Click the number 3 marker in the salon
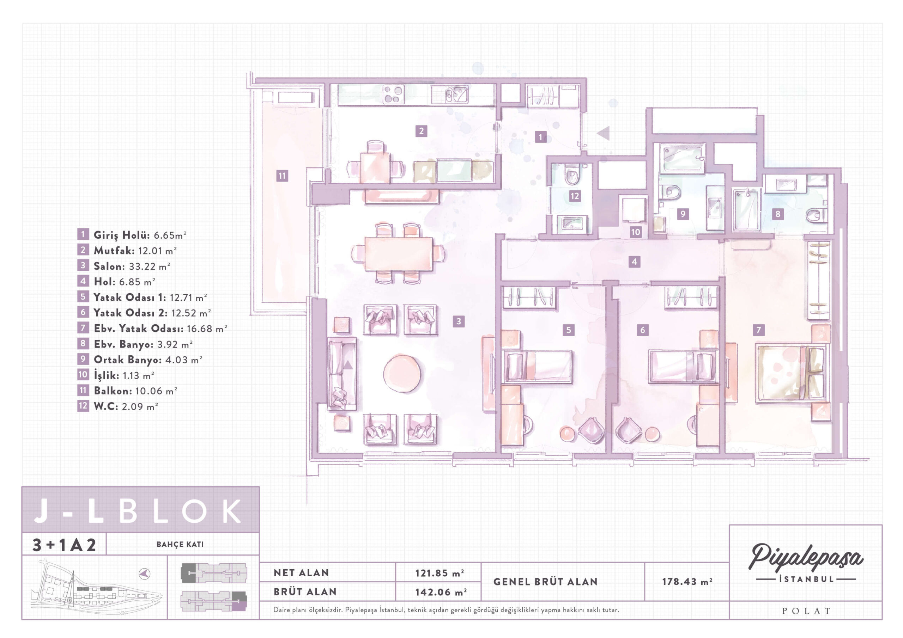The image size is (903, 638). pyautogui.click(x=459, y=321)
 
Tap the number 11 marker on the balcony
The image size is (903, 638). pyautogui.click(x=282, y=176)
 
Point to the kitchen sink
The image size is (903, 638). pyautogui.click(x=449, y=95)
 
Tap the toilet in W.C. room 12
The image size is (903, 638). pyautogui.click(x=571, y=174)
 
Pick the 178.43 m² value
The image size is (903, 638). pyautogui.click(x=687, y=581)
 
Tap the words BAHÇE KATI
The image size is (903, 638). pyautogui.click(x=180, y=545)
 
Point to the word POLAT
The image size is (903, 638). pyautogui.click(x=806, y=611)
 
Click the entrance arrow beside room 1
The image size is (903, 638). pyautogui.click(x=603, y=133)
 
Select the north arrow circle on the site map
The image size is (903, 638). pyautogui.click(x=145, y=574)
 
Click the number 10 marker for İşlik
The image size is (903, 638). pyautogui.click(x=636, y=232)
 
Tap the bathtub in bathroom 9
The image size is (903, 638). pyautogui.click(x=682, y=158)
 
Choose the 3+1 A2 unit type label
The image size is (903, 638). pyautogui.click(x=64, y=545)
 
